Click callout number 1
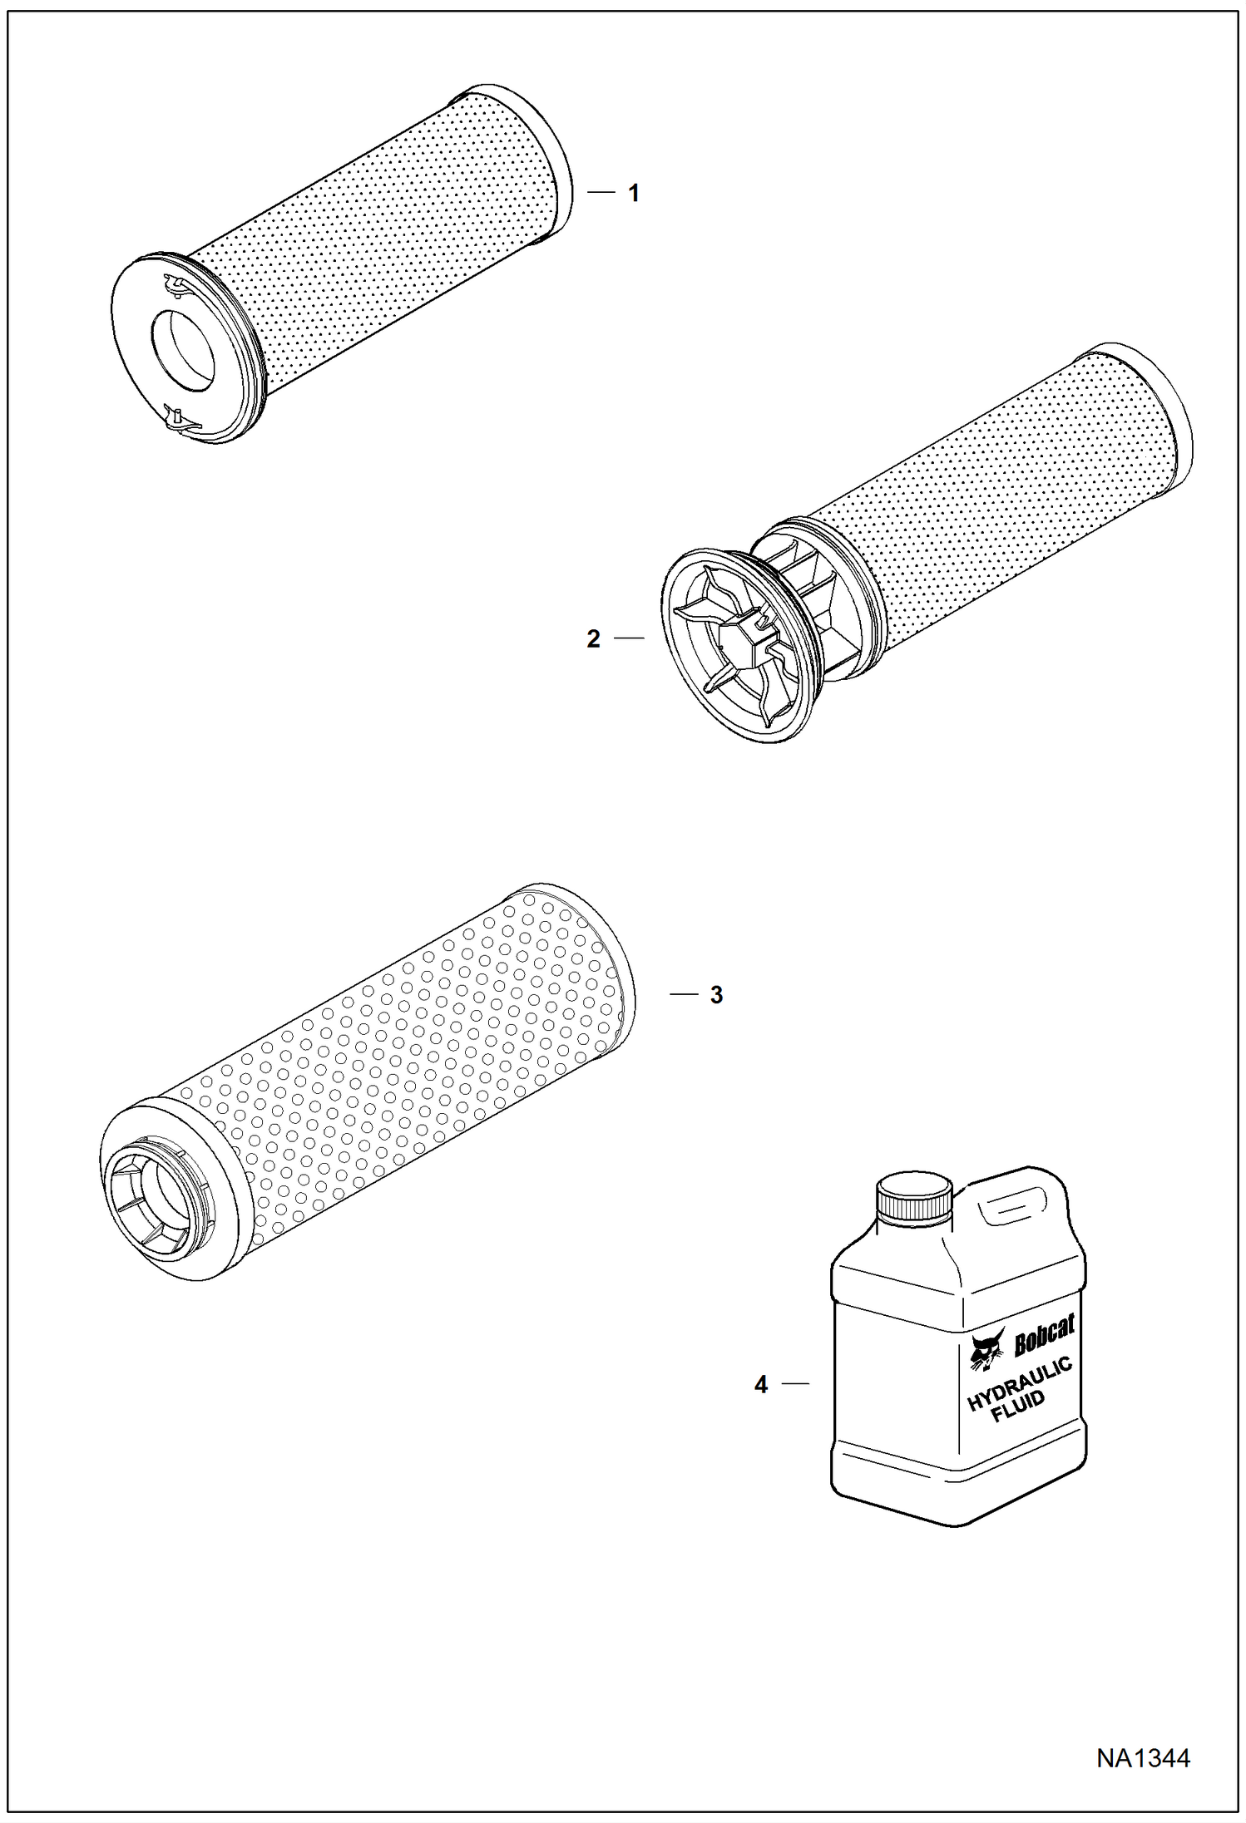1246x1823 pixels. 634,194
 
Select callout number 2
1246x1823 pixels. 593,638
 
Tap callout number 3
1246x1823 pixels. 717,995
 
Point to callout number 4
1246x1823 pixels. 761,1384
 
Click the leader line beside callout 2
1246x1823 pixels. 629,638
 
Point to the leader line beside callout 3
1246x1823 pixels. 684,994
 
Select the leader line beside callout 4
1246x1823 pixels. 796,1383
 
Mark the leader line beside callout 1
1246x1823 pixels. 601,193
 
